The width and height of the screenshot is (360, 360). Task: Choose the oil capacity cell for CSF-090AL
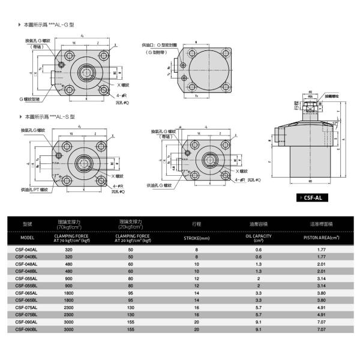(259, 322)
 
